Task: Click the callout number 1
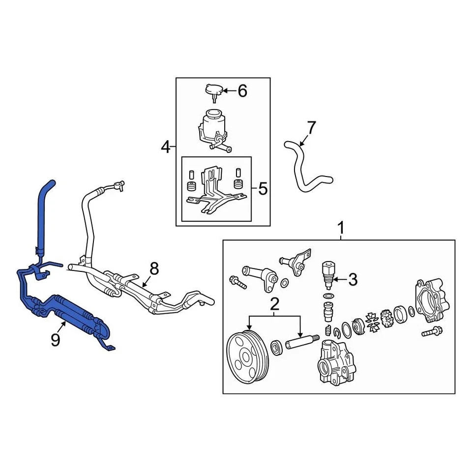click(340, 229)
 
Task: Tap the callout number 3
click(353, 280)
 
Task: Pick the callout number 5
click(263, 188)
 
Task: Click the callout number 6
click(242, 91)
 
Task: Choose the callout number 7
click(311, 128)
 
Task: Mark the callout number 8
click(154, 268)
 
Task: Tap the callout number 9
click(55, 339)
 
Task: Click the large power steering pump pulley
click(248, 356)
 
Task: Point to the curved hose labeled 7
click(301, 170)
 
